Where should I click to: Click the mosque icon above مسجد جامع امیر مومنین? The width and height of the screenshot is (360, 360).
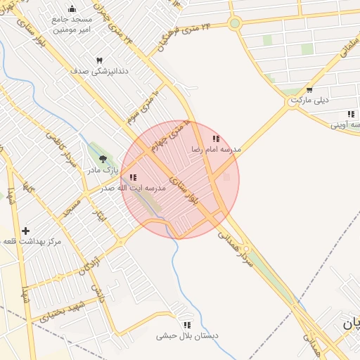click(72, 9)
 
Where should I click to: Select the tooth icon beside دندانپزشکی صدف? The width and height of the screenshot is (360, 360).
click(99, 61)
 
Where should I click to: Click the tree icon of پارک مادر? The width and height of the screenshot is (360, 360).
click(103, 160)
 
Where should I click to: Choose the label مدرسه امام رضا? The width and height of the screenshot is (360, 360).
click(217, 150)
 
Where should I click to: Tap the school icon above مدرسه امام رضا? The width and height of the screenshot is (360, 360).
click(216, 139)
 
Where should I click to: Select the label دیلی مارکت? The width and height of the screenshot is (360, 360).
click(310, 100)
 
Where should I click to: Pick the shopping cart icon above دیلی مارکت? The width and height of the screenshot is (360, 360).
click(309, 90)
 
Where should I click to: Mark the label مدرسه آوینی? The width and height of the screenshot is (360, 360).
click(347, 124)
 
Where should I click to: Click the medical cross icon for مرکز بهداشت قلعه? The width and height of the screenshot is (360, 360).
click(25, 231)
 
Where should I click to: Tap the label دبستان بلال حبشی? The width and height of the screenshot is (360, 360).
click(187, 335)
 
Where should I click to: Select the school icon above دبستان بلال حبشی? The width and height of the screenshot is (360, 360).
click(187, 325)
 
